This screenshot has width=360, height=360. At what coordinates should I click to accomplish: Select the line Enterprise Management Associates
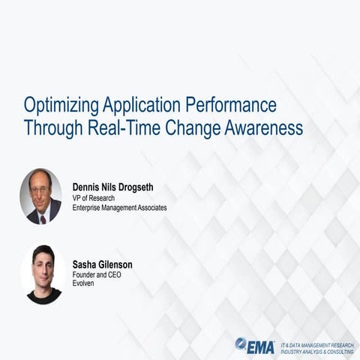119,207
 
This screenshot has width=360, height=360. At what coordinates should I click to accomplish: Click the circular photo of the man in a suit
41,196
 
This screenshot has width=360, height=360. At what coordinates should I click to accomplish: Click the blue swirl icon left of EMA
241,343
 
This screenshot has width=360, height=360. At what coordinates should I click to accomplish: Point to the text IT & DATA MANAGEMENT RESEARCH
318,344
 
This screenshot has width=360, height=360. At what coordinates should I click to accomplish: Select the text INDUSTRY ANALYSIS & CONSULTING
318,352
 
